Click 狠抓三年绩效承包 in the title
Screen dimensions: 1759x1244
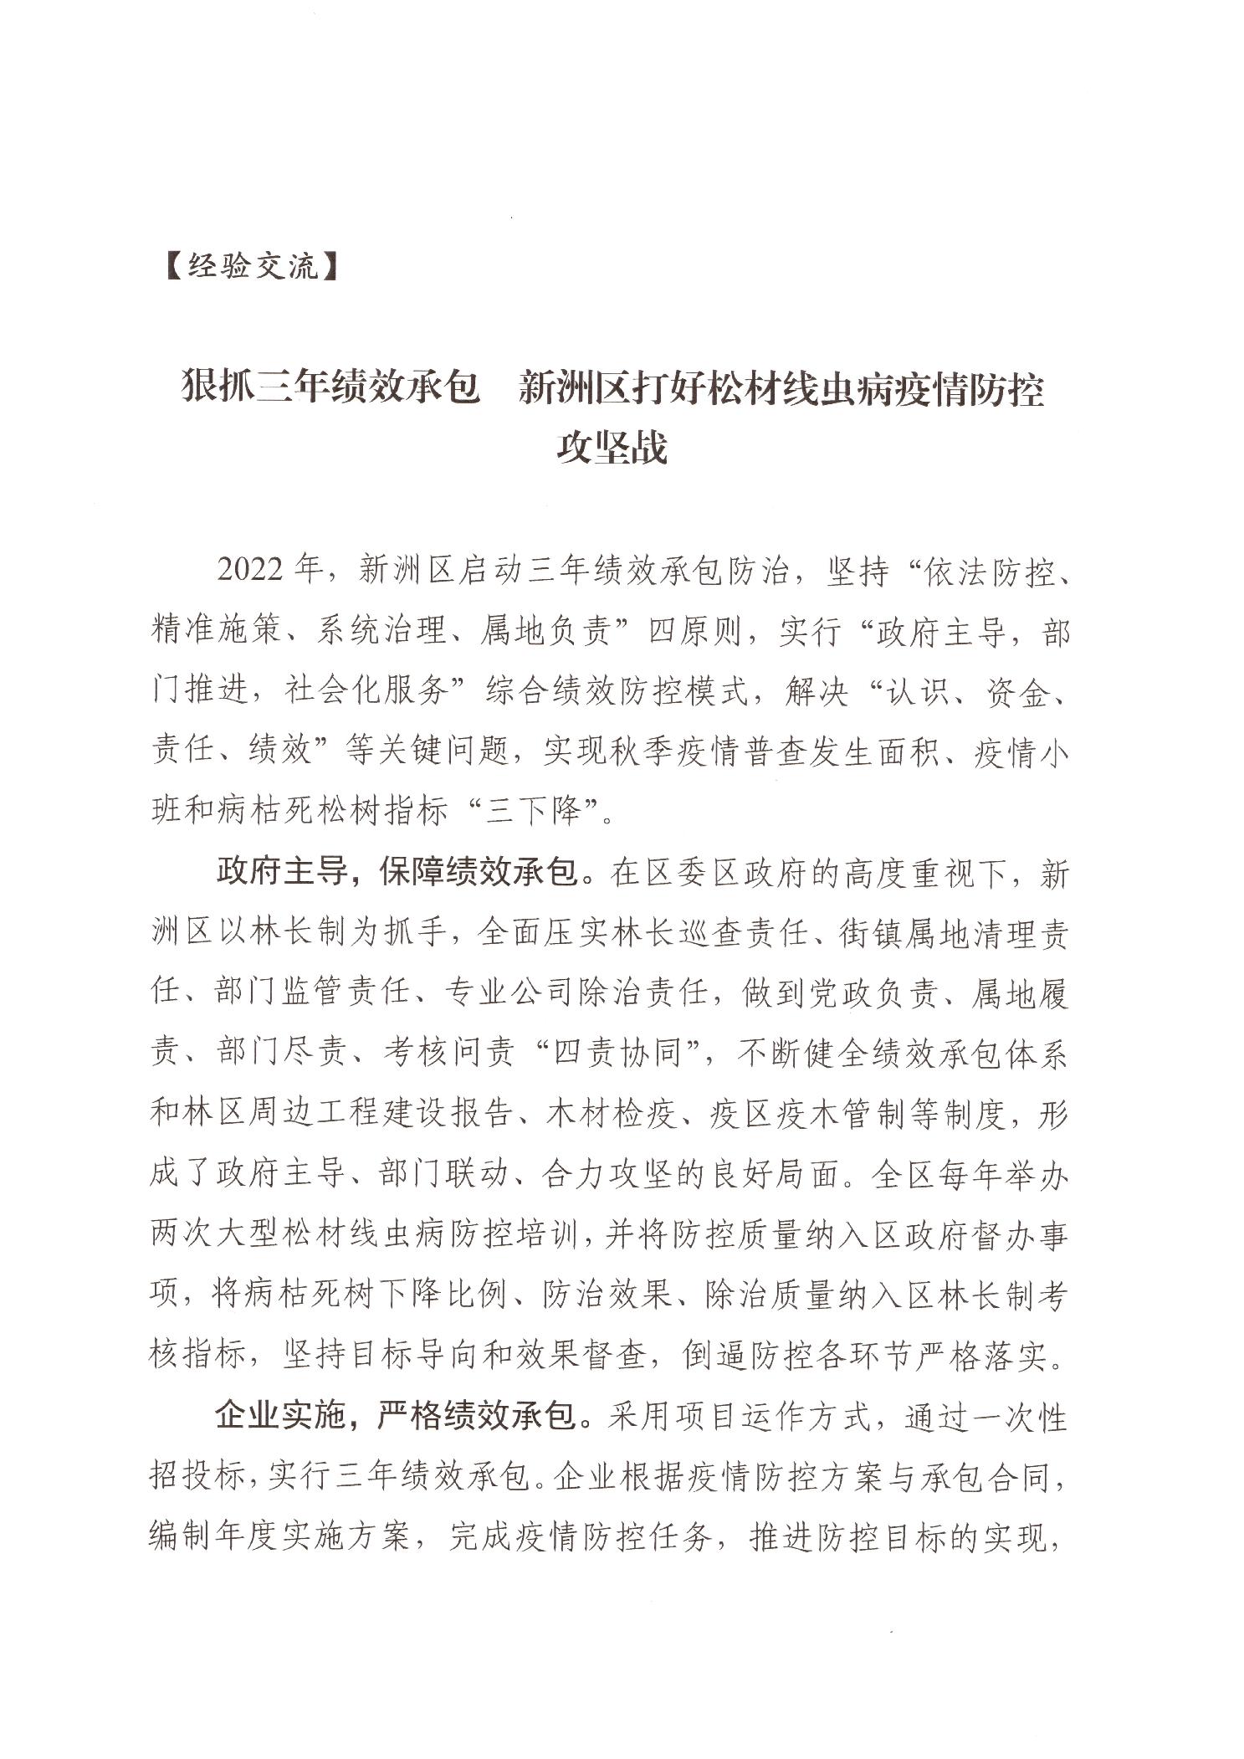tap(331, 390)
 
